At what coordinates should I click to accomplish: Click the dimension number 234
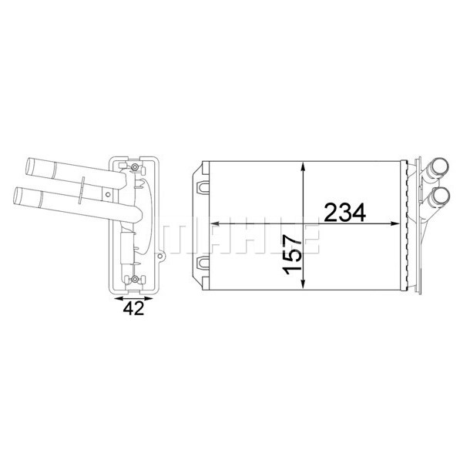pyautogui.click(x=344, y=212)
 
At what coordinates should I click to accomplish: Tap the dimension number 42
pyautogui.click(x=133, y=308)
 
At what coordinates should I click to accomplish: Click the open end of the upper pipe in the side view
pyautogui.click(x=29, y=165)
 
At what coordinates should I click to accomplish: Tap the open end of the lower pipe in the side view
pyautogui.click(x=18, y=193)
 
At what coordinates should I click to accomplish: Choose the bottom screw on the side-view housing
pyautogui.click(x=135, y=278)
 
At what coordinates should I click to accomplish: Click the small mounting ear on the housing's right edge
pyautogui.click(x=161, y=251)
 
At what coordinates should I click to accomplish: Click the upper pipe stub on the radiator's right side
pyautogui.click(x=442, y=166)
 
